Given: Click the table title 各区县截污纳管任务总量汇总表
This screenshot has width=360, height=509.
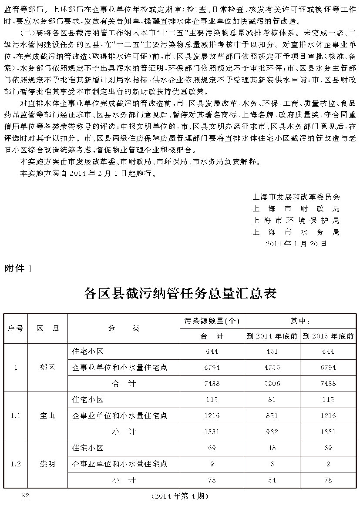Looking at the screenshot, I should [180, 293].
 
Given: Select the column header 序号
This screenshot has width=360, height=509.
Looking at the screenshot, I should [16, 328].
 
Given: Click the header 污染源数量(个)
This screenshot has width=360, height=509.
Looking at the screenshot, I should [212, 321].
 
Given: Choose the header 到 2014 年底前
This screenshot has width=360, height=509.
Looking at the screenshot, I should [272, 336].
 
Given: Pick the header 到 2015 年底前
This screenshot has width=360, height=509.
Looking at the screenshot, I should [328, 336].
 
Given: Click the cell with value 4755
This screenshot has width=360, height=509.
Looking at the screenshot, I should [272, 367].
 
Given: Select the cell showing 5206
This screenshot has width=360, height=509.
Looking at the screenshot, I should [272, 383].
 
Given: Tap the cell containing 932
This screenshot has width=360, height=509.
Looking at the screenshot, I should [272, 432].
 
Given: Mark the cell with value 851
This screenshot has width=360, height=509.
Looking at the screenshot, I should [272, 415].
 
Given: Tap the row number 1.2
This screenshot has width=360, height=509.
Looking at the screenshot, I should [16, 464].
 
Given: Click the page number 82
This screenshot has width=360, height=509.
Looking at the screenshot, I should [25, 496].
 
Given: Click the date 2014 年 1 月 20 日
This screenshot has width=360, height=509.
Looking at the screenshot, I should [296, 244].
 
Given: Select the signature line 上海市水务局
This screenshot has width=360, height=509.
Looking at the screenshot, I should [296, 232].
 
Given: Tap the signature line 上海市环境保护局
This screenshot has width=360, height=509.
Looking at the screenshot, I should [296, 221].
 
